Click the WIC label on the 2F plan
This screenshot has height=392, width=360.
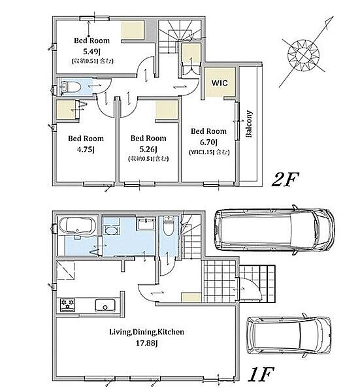(x=220, y=83)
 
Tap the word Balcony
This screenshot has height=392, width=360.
(x=249, y=124)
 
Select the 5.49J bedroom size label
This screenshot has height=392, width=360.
(x=91, y=52)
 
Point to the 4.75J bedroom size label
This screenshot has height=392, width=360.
(x=86, y=150)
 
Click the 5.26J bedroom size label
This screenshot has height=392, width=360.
(x=148, y=150)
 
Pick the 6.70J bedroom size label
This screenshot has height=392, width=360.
(x=208, y=142)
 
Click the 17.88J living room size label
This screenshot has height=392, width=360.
(x=146, y=343)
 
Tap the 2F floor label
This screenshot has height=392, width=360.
(x=285, y=180)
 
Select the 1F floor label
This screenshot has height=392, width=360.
(x=261, y=374)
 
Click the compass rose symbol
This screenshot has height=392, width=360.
(x=304, y=54)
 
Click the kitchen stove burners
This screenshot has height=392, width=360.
(x=67, y=305)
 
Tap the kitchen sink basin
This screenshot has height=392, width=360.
(x=105, y=305)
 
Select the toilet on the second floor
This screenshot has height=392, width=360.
(x=71, y=88)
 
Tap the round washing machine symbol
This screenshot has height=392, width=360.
(x=111, y=230)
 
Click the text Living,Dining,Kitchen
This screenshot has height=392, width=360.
(x=147, y=332)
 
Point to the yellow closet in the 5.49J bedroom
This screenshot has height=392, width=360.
(x=133, y=30)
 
